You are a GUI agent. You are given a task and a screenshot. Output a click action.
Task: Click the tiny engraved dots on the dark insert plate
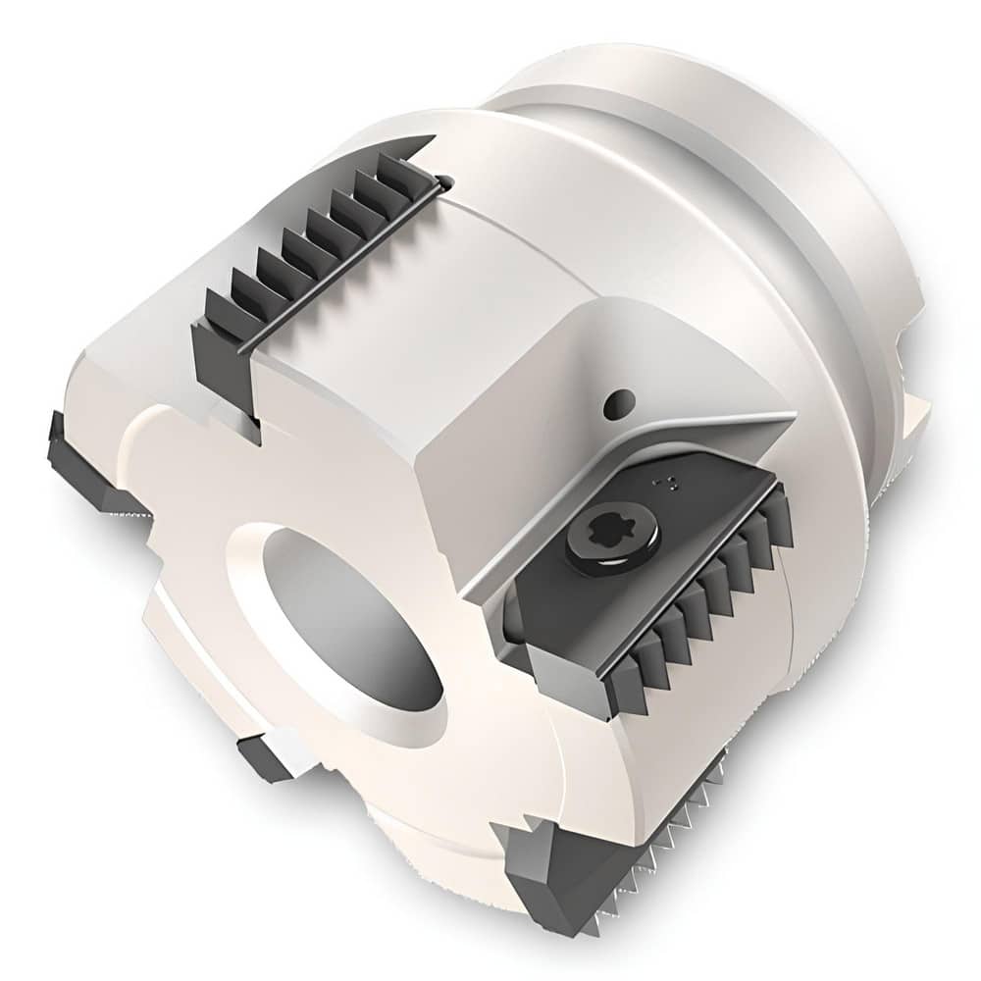(x=671, y=481)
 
